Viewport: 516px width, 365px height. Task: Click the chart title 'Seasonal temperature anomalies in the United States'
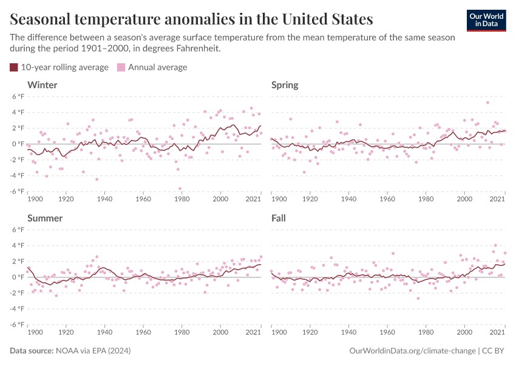pyautogui.click(x=191, y=19)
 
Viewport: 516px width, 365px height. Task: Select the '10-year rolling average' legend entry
pyautogui.click(x=59, y=67)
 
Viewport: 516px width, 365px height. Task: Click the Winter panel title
pyautogui.click(x=42, y=85)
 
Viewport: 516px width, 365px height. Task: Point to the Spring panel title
pyautogui.click(x=285, y=85)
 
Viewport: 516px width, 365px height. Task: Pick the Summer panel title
pyautogui.click(x=46, y=218)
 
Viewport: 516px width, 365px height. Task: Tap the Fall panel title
pyautogui.click(x=279, y=218)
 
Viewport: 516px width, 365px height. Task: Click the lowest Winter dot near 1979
pyautogui.click(x=180, y=189)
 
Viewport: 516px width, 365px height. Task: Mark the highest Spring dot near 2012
pyautogui.click(x=487, y=102)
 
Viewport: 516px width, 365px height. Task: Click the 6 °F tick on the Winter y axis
pyautogui.click(x=18, y=97)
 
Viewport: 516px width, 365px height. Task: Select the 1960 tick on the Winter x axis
pyautogui.click(x=143, y=198)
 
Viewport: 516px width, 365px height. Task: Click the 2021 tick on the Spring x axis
pyautogui.click(x=498, y=198)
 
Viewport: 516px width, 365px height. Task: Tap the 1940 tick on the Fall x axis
pyautogui.click(x=348, y=332)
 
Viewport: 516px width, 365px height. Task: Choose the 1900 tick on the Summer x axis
pyautogui.click(x=35, y=332)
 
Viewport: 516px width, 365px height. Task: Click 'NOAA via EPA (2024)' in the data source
pyautogui.click(x=93, y=351)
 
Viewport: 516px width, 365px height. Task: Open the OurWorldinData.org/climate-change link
pyautogui.click(x=413, y=351)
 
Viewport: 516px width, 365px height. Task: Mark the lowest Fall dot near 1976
pyautogui.click(x=418, y=298)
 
